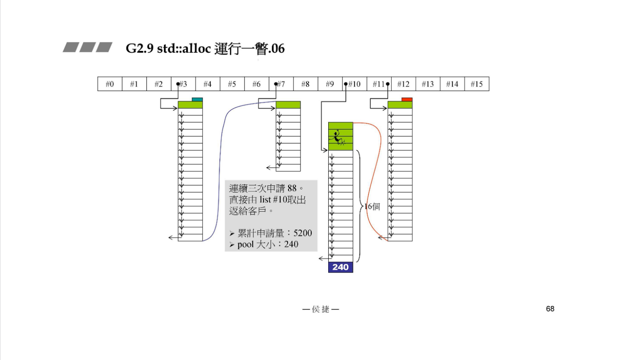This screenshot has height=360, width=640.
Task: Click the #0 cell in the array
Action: point(110,84)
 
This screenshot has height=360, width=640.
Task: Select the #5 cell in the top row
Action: point(232,84)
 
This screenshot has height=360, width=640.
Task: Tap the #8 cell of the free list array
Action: point(305,84)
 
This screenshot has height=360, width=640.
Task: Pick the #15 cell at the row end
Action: point(477,84)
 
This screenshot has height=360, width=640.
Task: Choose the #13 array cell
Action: point(428,84)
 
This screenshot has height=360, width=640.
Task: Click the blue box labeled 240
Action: point(341,267)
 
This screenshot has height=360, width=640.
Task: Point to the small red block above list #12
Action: point(407,99)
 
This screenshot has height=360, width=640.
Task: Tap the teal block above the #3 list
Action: point(197,99)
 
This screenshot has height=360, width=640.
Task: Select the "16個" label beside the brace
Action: point(372,207)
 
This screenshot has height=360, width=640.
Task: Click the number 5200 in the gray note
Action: point(302,233)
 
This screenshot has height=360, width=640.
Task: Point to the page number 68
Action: point(550,309)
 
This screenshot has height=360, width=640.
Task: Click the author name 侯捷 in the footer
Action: point(320,309)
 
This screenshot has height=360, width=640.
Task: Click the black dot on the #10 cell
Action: point(346,84)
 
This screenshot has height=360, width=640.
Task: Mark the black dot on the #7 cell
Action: point(276,84)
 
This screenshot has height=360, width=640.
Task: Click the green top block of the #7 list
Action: point(288,105)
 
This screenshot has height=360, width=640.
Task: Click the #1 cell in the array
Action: point(134,84)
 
